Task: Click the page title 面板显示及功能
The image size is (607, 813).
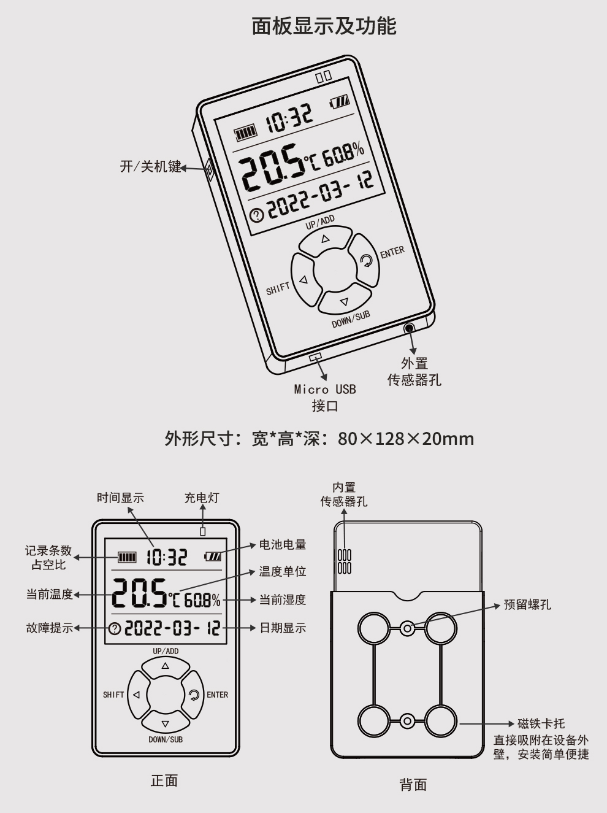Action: (324, 26)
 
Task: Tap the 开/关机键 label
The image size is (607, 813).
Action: (150, 166)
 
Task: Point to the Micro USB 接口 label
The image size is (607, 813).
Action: (325, 397)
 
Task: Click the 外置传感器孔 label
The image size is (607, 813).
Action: (414, 372)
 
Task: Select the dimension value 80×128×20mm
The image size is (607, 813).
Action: (405, 439)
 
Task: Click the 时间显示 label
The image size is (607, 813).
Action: (120, 498)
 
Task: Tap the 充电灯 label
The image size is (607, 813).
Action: (202, 498)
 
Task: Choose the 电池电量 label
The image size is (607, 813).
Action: (282, 544)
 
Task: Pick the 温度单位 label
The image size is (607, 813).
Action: (282, 571)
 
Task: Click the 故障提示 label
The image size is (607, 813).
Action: (50, 628)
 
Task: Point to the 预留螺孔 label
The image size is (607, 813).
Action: (527, 604)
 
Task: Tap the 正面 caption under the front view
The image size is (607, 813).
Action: (164, 780)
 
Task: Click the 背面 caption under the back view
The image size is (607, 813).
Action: (413, 784)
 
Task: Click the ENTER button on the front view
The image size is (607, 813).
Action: (194, 695)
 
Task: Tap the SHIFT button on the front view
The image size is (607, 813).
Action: (137, 695)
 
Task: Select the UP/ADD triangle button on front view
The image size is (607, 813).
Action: (165, 666)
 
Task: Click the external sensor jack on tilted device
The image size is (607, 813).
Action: (409, 328)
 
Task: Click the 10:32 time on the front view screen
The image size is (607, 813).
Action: (166, 557)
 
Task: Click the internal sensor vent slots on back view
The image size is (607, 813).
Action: (345, 561)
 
